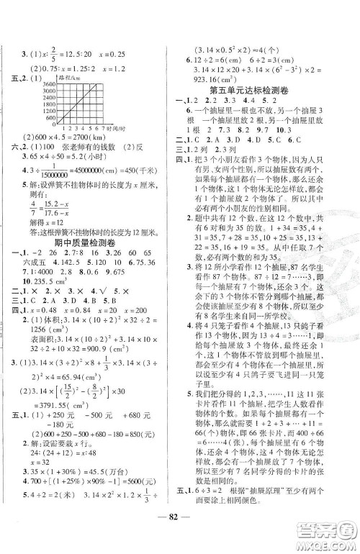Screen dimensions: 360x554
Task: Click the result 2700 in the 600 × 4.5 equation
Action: (x=84, y=138)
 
